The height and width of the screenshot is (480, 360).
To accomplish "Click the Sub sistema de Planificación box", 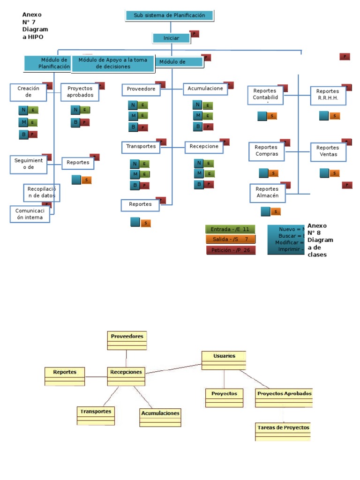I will [170, 15].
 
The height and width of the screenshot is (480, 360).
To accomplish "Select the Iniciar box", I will [172, 38].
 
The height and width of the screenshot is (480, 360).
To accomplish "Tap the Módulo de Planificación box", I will [48, 64].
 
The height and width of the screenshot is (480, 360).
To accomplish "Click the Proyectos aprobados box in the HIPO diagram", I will [80, 92].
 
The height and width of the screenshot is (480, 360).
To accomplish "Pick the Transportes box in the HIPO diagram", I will [141, 147].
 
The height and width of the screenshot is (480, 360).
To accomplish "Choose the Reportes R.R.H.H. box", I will [328, 95].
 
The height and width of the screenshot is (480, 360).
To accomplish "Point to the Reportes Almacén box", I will [267, 193].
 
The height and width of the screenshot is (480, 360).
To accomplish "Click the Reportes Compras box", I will [267, 151].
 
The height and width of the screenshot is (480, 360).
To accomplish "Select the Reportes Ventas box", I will [328, 151].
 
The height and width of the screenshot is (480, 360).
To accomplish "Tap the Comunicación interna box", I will [29, 214].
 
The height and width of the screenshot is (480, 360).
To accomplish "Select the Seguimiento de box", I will [29, 164].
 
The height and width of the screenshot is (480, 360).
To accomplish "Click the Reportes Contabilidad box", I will [265, 95].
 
